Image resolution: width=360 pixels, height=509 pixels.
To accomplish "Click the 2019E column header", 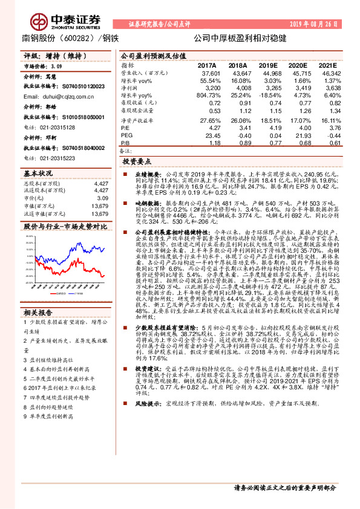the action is [268, 65].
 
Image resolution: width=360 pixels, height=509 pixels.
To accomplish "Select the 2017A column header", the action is [207, 65].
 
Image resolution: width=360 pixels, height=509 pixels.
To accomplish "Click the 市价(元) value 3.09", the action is [103, 198].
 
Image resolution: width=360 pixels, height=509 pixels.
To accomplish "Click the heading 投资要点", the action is [137, 163].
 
